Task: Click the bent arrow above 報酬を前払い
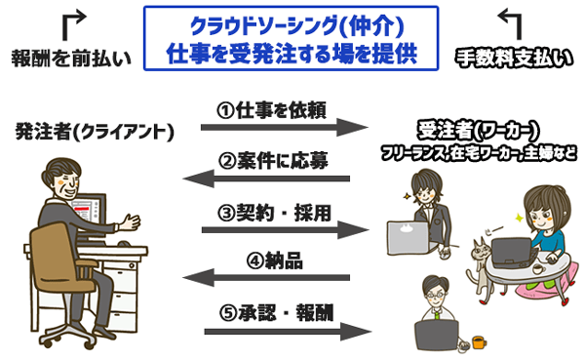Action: (73, 20)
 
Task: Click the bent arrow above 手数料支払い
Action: (511, 20)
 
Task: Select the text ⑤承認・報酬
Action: (276, 313)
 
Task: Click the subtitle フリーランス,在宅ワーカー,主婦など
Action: (478, 152)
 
